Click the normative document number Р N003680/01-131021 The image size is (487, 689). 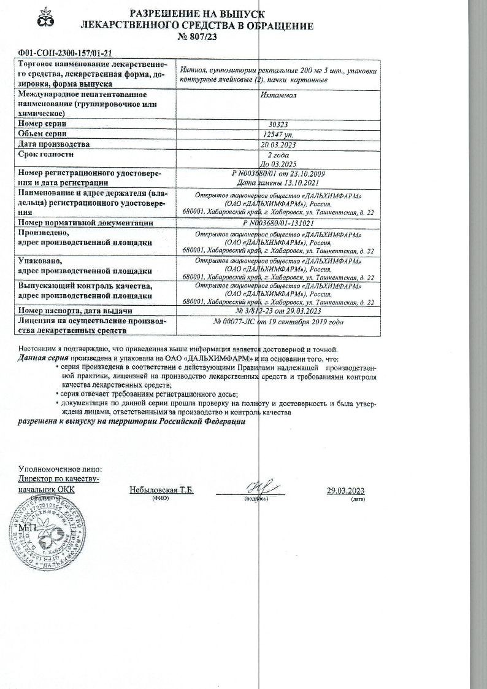[278, 224]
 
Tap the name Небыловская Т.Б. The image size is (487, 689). [161, 490]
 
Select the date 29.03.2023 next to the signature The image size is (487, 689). [346, 490]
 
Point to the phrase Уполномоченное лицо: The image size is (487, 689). [61, 469]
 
